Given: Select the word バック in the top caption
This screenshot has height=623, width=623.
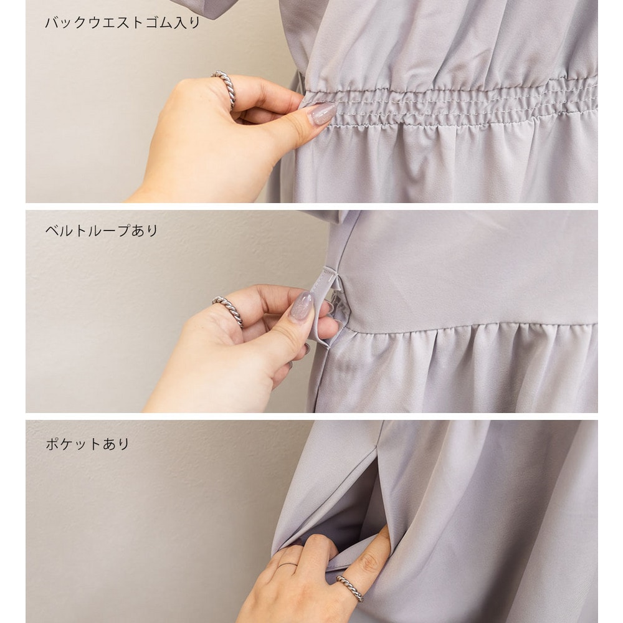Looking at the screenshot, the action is tap(66, 22).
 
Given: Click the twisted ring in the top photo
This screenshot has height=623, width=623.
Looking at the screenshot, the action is tap(225, 88).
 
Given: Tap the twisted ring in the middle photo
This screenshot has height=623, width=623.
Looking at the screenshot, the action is tap(229, 310).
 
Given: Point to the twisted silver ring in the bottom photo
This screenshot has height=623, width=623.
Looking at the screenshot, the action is tap(350, 589).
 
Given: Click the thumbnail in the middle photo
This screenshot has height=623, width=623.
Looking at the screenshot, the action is tap(302, 307).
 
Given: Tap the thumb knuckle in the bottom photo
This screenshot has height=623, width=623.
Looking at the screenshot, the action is tap(369, 563).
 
